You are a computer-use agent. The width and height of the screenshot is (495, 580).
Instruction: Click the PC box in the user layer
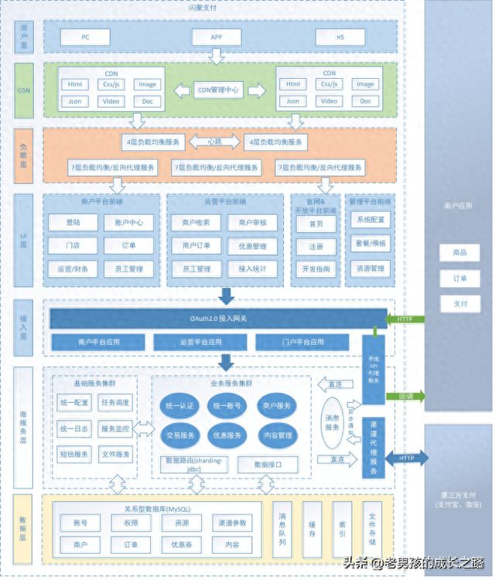(85, 37)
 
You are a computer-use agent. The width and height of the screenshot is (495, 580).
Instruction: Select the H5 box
(340, 37)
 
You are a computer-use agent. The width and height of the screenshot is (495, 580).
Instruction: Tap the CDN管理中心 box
(219, 90)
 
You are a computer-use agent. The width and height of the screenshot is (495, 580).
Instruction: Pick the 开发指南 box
(316, 269)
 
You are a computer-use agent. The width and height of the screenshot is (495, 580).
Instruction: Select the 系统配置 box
(370, 220)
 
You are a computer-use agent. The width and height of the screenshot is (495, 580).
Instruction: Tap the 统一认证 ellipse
(180, 406)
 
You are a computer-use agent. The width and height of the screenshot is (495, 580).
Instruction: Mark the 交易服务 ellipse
(180, 435)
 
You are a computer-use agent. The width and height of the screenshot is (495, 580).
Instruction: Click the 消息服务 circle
(331, 422)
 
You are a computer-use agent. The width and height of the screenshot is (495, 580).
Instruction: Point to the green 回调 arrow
(405, 396)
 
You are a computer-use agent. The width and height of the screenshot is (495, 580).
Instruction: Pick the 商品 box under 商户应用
(459, 253)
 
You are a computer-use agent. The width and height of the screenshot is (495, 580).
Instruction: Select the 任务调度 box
(115, 403)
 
